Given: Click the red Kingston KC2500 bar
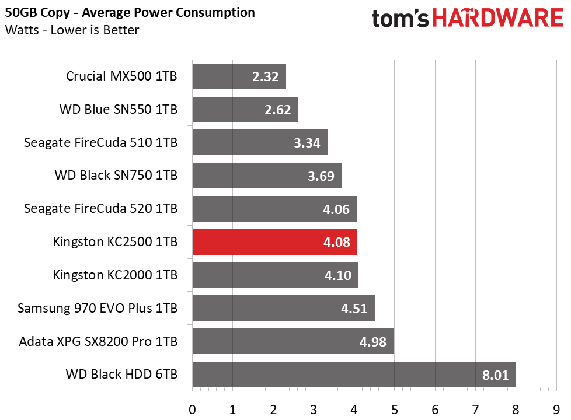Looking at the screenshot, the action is click(275, 242).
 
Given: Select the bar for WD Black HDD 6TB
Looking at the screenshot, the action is click(354, 374).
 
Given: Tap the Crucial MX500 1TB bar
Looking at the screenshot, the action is click(239, 76).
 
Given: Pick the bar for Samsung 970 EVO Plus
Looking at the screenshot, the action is click(284, 308).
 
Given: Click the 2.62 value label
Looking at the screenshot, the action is click(277, 110).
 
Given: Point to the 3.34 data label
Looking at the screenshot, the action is click(307, 143).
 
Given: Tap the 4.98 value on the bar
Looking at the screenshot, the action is click(373, 342).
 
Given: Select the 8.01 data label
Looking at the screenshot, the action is click(495, 375).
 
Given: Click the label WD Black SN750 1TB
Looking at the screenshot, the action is click(116, 176).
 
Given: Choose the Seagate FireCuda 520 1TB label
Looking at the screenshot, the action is click(101, 209).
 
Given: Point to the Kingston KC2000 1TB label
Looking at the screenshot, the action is click(115, 275).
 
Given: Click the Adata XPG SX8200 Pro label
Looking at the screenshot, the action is click(98, 341).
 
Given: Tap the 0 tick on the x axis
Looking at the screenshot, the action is click(192, 410).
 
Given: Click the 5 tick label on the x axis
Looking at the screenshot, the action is click(395, 410).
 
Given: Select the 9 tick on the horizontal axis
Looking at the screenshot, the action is click(556, 410).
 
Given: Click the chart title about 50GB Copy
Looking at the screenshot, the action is click(130, 13).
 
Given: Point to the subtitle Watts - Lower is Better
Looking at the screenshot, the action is click(72, 30).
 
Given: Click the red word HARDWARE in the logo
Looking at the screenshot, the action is click(498, 18).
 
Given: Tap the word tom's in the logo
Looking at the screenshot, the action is click(400, 19).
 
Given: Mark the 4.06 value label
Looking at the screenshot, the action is click(336, 209).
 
